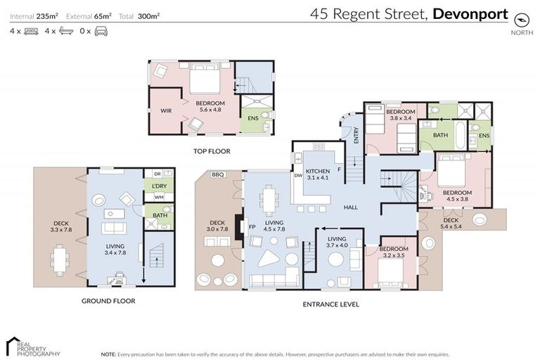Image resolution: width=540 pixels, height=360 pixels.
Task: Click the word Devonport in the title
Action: (x=470, y=13)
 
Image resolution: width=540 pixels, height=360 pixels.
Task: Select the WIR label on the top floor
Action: (x=166, y=110)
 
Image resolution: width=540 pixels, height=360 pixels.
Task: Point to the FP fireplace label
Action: (x=251, y=227)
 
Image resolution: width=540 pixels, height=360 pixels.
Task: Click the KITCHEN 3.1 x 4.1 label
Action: (x=318, y=174)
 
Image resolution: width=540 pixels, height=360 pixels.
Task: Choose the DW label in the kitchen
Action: (x=298, y=176)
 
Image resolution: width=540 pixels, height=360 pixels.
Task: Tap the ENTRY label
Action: (x=356, y=135)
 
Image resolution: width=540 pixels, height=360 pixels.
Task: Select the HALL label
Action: (x=352, y=207)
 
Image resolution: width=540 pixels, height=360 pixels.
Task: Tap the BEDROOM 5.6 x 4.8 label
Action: (x=210, y=107)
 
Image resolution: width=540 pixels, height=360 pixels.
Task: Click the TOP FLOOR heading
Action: (x=212, y=151)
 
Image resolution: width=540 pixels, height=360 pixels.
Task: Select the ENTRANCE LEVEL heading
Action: (x=330, y=304)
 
